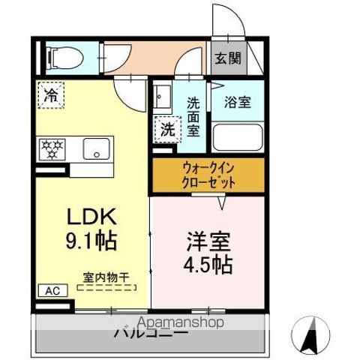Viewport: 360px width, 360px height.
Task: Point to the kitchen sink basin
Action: [x=94, y=148]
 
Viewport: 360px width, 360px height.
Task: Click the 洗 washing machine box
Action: [x=166, y=128]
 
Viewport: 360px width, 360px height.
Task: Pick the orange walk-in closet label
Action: [x=208, y=175]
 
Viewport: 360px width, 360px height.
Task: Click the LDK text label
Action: [x=91, y=217]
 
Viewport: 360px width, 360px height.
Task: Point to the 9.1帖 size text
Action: [x=91, y=242]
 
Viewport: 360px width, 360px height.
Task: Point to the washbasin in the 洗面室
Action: [x=160, y=98]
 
